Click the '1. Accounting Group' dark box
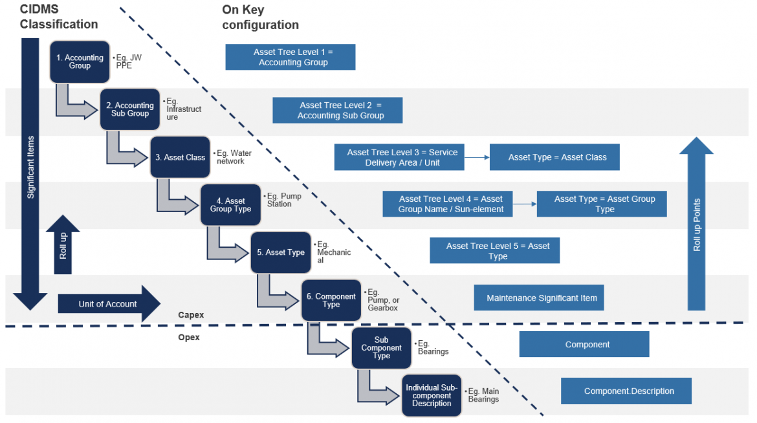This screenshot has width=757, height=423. tap(80, 61)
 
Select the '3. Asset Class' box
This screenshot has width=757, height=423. tap(180, 157)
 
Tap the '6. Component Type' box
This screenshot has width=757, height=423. tap(331, 300)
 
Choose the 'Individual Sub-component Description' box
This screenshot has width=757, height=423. tap(432, 395)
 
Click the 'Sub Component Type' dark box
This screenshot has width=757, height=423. tap(381, 348)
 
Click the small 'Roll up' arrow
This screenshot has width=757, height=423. tap(63, 245)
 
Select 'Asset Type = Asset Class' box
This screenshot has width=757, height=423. tap(554, 157)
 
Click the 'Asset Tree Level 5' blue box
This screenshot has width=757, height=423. tap(494, 251)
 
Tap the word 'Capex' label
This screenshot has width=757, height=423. tap(191, 315)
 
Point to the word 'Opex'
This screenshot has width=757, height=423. tap(189, 338)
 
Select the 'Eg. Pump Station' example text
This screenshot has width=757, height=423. tap(280, 200)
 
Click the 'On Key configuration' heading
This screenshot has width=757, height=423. tap(260, 17)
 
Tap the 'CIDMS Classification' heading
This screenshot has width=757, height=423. tap(58, 17)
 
